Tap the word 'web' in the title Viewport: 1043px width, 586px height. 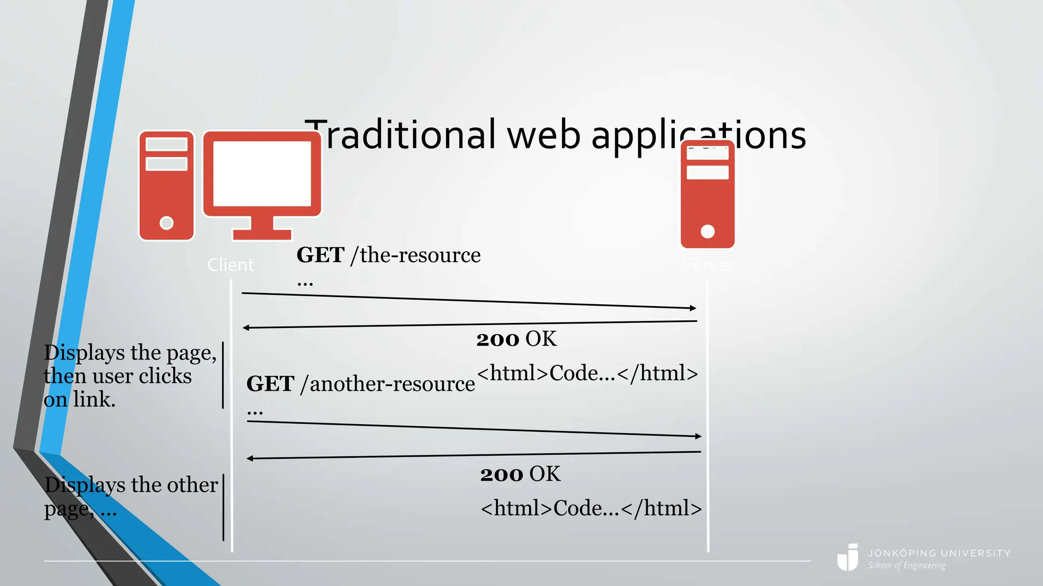[x=544, y=136]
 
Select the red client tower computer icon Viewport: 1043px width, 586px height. [x=167, y=186]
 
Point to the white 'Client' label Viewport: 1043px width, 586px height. [x=231, y=265]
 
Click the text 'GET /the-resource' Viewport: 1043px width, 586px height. [x=388, y=255]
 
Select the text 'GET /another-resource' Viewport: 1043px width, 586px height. [x=360, y=384]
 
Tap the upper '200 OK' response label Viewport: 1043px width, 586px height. [x=516, y=339]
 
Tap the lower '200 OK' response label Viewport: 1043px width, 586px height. [x=520, y=474]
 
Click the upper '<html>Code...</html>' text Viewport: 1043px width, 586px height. [x=587, y=373]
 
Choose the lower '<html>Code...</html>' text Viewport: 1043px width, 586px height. [x=591, y=508]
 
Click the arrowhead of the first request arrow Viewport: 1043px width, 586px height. [x=693, y=308]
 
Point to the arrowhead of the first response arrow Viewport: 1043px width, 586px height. [x=246, y=328]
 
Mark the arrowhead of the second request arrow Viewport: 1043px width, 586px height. [x=698, y=436]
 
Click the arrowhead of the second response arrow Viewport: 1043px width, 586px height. [x=250, y=458]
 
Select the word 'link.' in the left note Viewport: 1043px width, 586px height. [x=94, y=399]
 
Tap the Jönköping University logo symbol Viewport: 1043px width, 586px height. [x=848, y=558]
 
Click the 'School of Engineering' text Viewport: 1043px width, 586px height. [x=907, y=566]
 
